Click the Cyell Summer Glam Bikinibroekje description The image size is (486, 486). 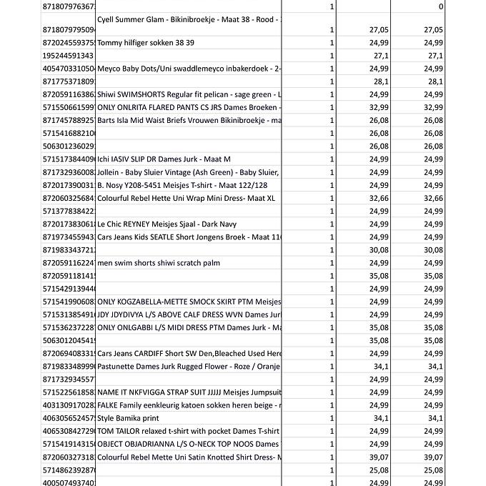(x=188, y=19)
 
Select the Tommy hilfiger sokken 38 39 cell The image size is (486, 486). (x=146, y=43)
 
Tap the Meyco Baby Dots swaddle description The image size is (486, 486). (x=188, y=69)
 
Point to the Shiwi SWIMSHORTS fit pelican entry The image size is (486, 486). (x=188, y=94)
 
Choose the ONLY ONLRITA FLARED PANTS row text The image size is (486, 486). (x=188, y=107)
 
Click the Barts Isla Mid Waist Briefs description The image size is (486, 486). (x=188, y=120)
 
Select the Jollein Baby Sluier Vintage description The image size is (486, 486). (x=187, y=172)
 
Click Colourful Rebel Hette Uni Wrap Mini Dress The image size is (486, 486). (x=186, y=198)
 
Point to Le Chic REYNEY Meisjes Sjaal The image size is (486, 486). (x=167, y=224)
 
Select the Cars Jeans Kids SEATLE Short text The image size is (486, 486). (x=188, y=237)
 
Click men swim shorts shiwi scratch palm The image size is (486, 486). (x=159, y=263)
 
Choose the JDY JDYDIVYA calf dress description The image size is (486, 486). (x=188, y=314)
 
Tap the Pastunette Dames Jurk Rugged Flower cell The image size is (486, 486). (x=188, y=367)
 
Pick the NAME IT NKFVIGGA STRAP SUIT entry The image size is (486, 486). (x=188, y=392)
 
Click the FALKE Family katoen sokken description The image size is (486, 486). (x=188, y=405)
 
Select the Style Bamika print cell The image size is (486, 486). (x=128, y=418)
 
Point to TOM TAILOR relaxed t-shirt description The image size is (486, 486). (x=188, y=431)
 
